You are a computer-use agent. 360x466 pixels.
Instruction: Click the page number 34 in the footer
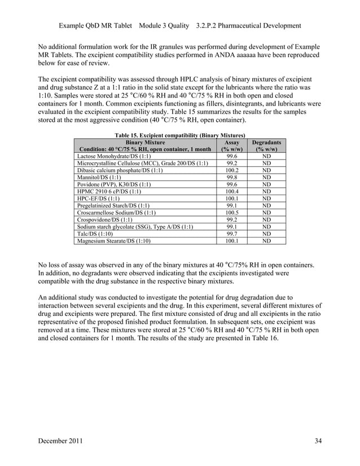coord(318,441)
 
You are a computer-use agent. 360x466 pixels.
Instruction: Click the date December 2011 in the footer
coord(62,441)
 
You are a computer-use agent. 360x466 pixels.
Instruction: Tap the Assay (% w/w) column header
coord(231,146)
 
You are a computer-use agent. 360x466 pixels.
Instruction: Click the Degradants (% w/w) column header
coord(266,146)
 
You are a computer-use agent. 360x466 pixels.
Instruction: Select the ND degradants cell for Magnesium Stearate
coord(266,241)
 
